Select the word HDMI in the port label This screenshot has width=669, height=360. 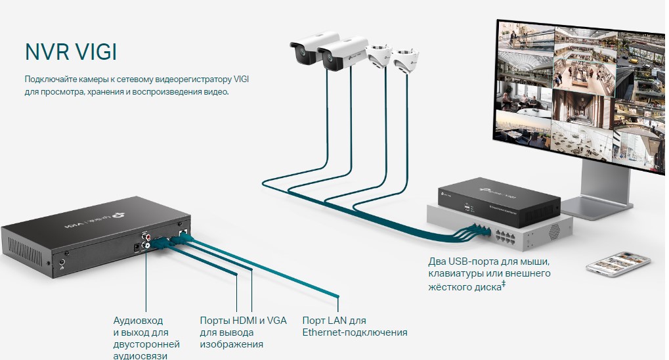tap(242, 321)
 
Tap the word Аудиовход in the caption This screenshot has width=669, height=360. tap(137, 321)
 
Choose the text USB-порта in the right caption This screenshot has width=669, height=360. tap(472, 261)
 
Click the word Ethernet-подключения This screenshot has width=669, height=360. tap(355, 332)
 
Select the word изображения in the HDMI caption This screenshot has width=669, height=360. tap(232, 344)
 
